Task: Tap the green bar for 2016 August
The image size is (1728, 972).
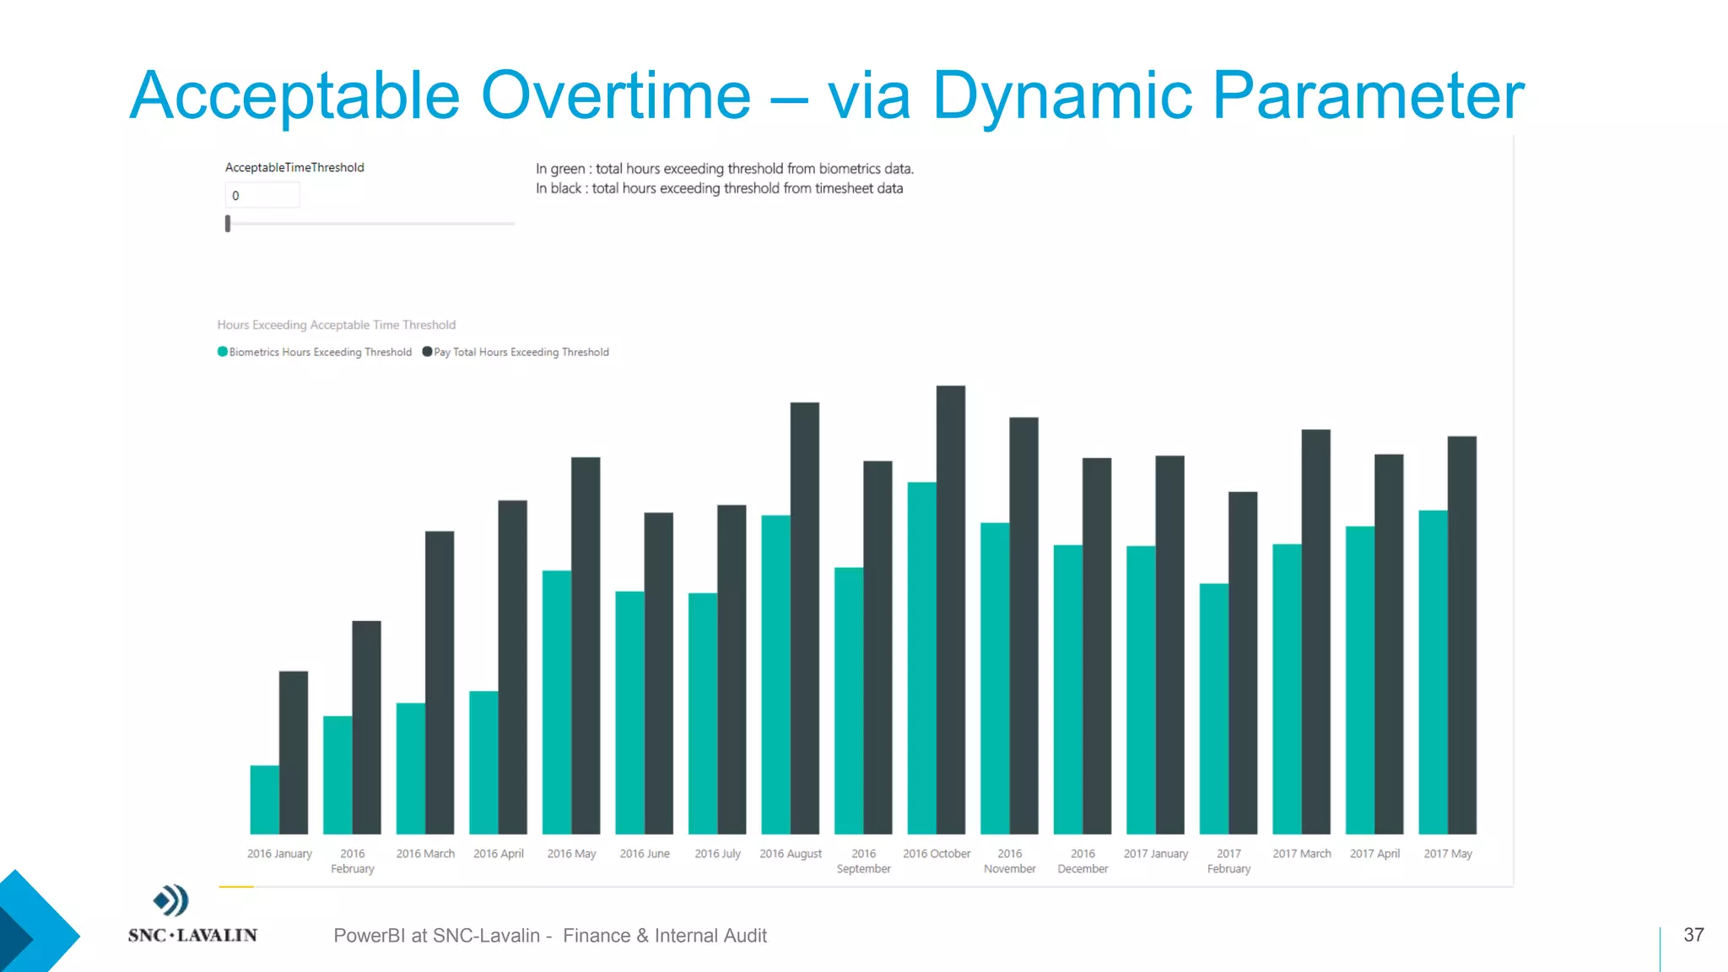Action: (775, 674)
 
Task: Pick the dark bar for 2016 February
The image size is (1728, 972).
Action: (366, 726)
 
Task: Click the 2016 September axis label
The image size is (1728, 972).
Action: (863, 861)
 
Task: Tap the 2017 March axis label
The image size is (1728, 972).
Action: (1301, 854)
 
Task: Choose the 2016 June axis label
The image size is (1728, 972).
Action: (645, 854)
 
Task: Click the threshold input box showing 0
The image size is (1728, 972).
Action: (262, 196)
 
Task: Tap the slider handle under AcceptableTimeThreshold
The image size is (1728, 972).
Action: (228, 224)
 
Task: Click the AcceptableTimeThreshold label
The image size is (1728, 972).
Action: (294, 168)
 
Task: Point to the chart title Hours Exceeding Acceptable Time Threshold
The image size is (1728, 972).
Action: (336, 325)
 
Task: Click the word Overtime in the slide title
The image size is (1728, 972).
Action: (615, 95)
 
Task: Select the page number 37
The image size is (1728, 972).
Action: (1693, 935)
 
